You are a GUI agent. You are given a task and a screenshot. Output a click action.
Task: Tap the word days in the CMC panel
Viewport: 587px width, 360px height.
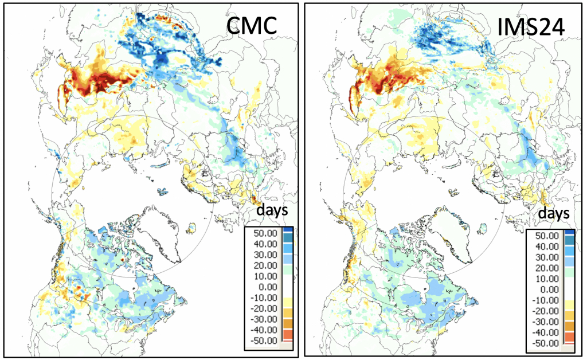pos(272,210)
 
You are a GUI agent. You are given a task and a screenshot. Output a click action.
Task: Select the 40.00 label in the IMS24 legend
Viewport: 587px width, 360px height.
pos(543,246)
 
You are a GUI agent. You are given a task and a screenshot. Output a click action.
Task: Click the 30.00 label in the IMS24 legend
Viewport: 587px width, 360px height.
pos(543,257)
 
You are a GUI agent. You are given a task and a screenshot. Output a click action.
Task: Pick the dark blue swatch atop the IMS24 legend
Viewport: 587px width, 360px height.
pos(569,234)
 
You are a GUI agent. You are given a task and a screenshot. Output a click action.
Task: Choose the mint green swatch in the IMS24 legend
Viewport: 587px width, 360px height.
pos(569,273)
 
